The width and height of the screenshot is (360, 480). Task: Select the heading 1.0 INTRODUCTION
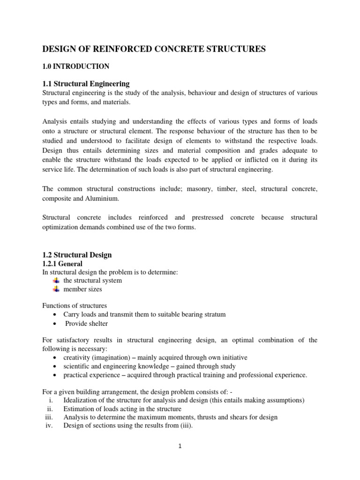coord(76,66)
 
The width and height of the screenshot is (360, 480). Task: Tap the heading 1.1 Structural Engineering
coord(86,84)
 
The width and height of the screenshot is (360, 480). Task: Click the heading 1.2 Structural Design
coord(77,255)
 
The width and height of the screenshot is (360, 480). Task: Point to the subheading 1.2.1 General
coord(62,264)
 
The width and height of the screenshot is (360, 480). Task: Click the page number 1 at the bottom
coord(180,446)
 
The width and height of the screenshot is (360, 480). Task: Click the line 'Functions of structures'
coord(75,306)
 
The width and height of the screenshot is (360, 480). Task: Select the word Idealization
coord(80,400)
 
